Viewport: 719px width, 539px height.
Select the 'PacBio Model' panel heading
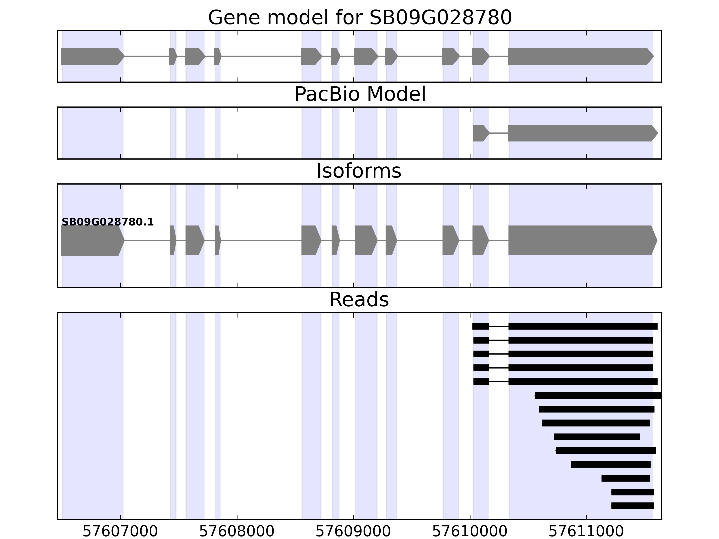(360, 95)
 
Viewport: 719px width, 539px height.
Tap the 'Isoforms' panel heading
(359, 171)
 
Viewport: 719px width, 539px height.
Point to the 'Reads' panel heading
(359, 300)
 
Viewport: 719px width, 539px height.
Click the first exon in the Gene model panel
(91, 56)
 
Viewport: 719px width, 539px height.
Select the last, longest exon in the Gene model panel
(579, 56)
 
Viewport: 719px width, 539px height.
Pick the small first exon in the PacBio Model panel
(480, 133)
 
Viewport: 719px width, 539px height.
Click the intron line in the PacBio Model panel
(499, 133)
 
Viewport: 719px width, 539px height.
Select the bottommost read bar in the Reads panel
(632, 506)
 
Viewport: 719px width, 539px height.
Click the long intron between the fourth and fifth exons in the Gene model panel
(261, 56)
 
